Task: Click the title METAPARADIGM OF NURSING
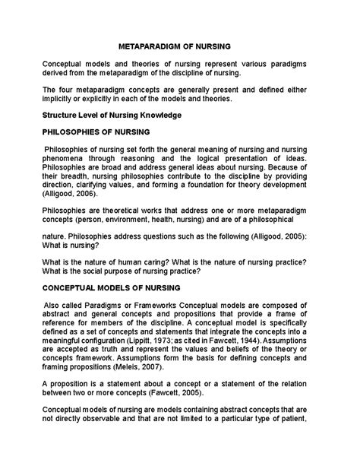pos(180,46)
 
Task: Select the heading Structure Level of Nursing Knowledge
pos(111,115)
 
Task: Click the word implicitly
pos(60,98)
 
